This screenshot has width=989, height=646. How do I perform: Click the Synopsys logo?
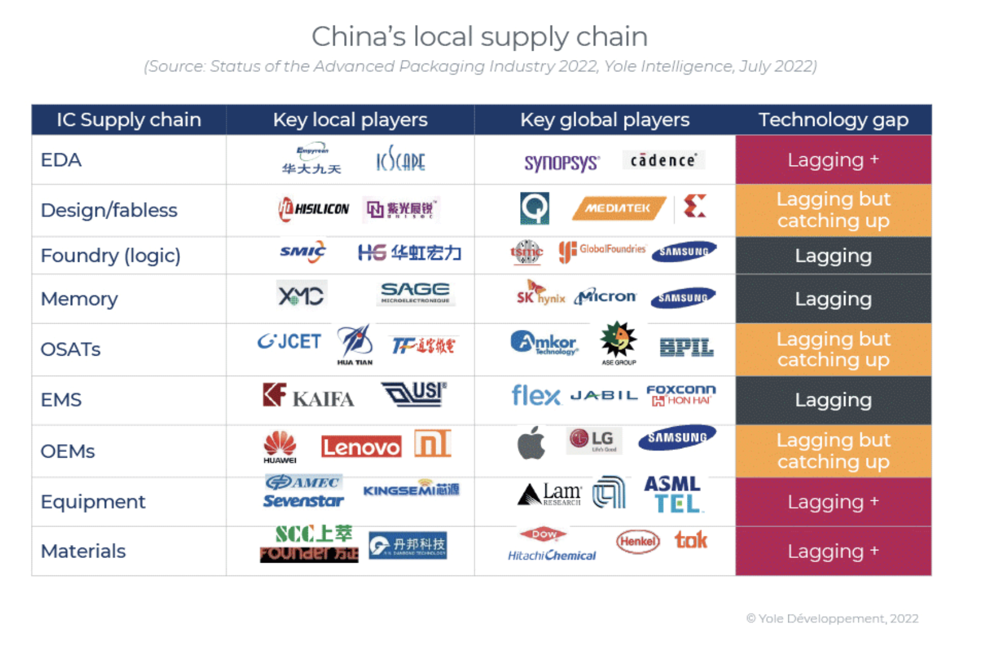pos(562,163)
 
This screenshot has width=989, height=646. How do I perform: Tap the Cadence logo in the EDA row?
pos(663,160)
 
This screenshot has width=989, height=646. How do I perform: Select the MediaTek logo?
pos(618,208)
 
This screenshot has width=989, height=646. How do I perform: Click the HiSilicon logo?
pos(314,209)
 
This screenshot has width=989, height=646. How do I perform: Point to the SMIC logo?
pos(303,252)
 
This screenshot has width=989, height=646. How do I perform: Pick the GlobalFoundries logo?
pos(602,251)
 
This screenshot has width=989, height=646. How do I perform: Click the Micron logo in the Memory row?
pos(605,297)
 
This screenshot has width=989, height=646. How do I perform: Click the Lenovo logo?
pos(361,447)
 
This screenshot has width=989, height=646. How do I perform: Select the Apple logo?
pos(531,443)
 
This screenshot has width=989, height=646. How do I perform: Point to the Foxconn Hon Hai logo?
pos(681,395)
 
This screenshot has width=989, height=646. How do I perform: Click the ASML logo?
pos(672,484)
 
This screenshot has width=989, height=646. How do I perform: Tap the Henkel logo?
pos(638,542)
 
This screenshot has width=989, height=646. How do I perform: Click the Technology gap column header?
pos(833,120)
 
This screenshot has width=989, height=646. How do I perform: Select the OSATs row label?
pos(71,349)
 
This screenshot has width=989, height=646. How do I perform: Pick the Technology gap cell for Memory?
pos(833,299)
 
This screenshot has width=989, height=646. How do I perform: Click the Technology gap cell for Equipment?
pos(833,502)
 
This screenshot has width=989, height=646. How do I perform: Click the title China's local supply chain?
pos(479,37)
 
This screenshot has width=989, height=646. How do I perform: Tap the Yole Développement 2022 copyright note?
pos(832,619)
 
